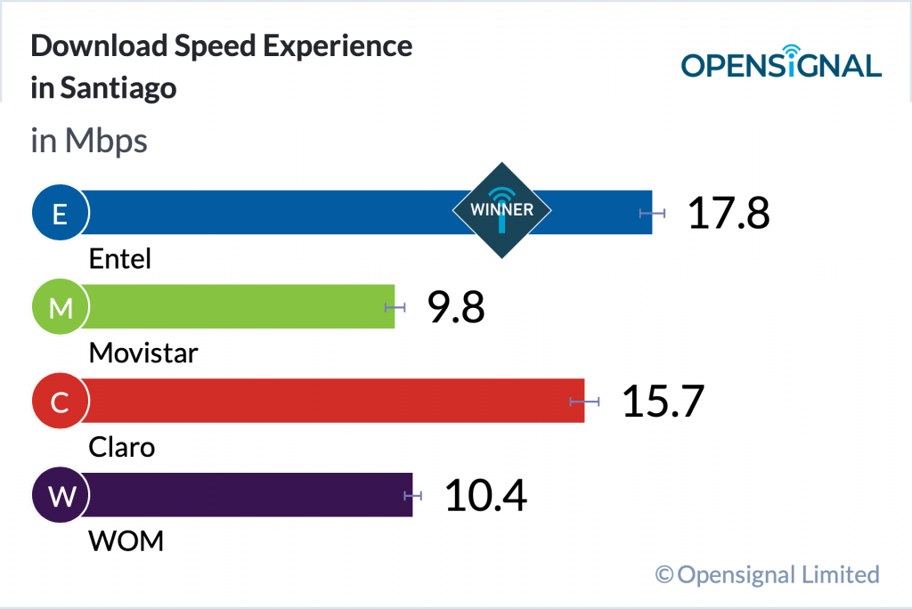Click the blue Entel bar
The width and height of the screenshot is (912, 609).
tap(267, 212)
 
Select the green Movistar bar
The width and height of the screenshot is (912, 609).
tap(240, 306)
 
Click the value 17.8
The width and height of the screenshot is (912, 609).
tap(728, 214)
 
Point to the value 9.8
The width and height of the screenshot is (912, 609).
tap(455, 308)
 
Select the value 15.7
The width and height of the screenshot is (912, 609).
tap(663, 402)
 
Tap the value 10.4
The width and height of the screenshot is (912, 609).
tap(485, 497)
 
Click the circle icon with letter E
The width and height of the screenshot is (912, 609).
tap(60, 214)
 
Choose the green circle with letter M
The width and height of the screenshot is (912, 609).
tap(60, 308)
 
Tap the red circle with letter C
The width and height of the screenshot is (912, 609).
tap(60, 402)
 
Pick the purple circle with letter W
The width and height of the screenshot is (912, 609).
tap(60, 497)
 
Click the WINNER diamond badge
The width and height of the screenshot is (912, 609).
tap(501, 211)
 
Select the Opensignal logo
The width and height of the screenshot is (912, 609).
tap(781, 62)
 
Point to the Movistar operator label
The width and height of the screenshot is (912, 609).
tap(143, 353)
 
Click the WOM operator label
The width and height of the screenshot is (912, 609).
tap(126, 540)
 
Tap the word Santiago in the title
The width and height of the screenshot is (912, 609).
tap(118, 89)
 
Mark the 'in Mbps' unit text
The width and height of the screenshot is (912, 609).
tap(89, 142)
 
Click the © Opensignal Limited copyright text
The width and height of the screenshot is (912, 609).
tap(767, 574)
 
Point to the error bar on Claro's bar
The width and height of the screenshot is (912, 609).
tap(584, 402)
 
